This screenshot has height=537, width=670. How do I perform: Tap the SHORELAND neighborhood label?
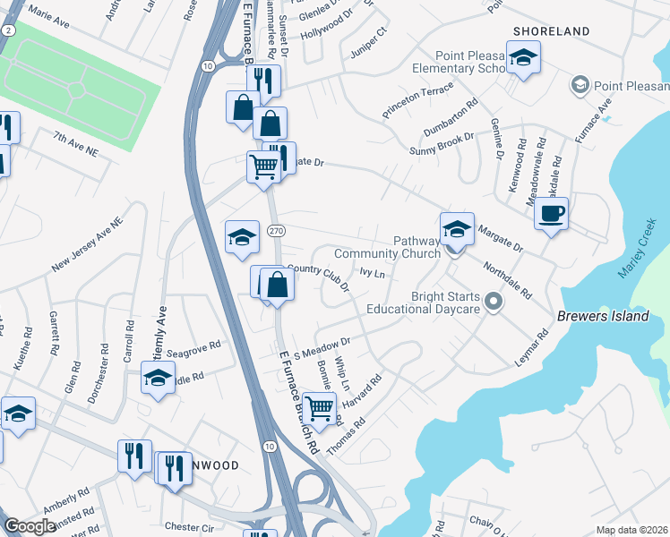(x=551, y=31)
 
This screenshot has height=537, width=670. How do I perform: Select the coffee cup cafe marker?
(x=551, y=215)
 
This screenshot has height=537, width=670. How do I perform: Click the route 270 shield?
(x=275, y=232)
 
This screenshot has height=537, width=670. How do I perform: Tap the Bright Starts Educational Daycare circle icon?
(x=492, y=304)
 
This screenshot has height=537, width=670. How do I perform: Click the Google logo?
(x=30, y=527)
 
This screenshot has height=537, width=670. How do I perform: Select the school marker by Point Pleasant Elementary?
(x=521, y=59)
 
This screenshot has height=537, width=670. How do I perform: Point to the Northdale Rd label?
(x=508, y=280)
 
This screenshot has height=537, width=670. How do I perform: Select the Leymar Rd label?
(x=530, y=346)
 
